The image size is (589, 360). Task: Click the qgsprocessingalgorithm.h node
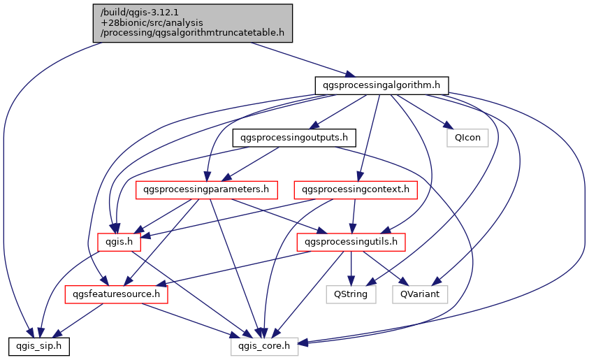tap(381, 85)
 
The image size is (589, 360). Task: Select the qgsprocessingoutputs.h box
tap(294, 137)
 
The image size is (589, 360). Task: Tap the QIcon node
tap(467, 137)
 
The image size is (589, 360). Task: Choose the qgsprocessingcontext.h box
tap(356, 189)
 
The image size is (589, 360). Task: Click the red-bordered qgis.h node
tap(119, 242)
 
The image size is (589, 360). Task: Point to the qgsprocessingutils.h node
tap(351, 242)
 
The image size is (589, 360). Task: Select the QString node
tap(351, 294)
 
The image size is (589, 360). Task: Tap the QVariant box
tap(419, 294)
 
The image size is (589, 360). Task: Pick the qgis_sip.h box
tap(38, 345)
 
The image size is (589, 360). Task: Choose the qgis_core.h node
tap(265, 345)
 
